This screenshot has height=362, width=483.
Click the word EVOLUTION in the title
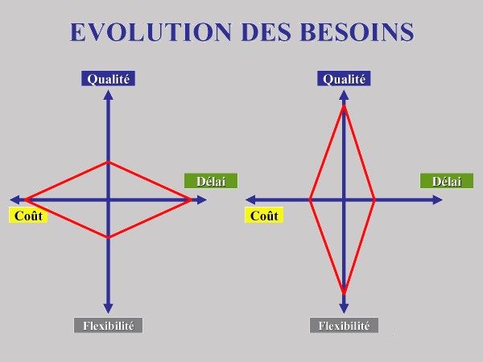[151, 32]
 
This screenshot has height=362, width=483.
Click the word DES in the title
[266, 32]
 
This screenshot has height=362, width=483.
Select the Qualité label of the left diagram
[108, 79]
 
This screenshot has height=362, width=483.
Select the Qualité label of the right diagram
[344, 79]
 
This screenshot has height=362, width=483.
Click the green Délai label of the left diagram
[211, 181]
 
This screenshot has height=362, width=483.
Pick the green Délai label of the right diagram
[447, 181]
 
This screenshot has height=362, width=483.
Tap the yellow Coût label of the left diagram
[28, 216]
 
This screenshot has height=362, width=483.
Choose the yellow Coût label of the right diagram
[264, 216]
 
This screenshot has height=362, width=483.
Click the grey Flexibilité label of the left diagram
[108, 325]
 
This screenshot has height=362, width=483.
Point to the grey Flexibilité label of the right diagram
[344, 325]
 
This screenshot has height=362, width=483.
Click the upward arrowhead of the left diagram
[108, 95]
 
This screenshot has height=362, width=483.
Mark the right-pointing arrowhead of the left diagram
[202, 200]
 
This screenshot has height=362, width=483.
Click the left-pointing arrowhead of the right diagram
[250, 200]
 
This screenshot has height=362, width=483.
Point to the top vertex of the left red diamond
[108, 162]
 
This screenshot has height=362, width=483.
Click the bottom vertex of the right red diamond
[344, 291]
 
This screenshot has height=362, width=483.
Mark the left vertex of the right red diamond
[310, 200]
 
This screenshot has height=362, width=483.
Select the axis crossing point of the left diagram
[108, 200]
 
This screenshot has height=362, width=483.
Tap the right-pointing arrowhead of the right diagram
[438, 200]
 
